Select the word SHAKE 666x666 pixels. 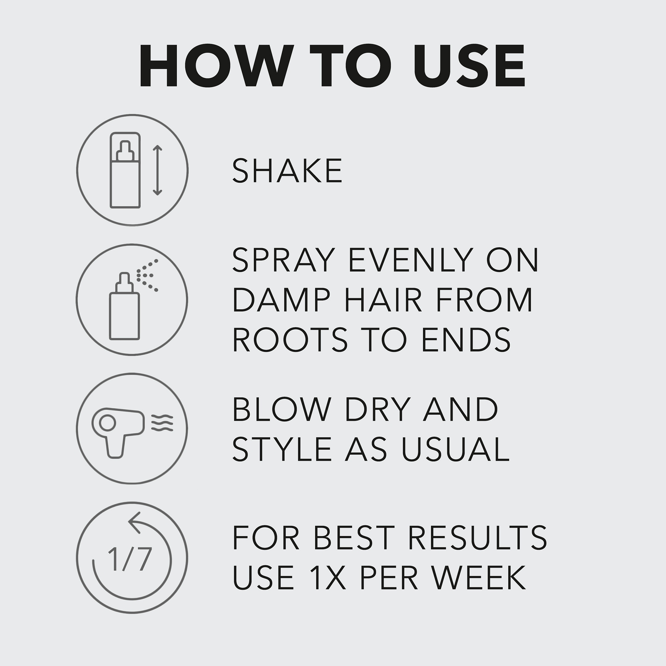[287, 171]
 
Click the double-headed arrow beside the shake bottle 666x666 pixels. [157, 170]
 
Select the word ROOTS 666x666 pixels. [290, 339]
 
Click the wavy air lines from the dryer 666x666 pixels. [162, 422]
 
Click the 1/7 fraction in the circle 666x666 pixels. [129, 559]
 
